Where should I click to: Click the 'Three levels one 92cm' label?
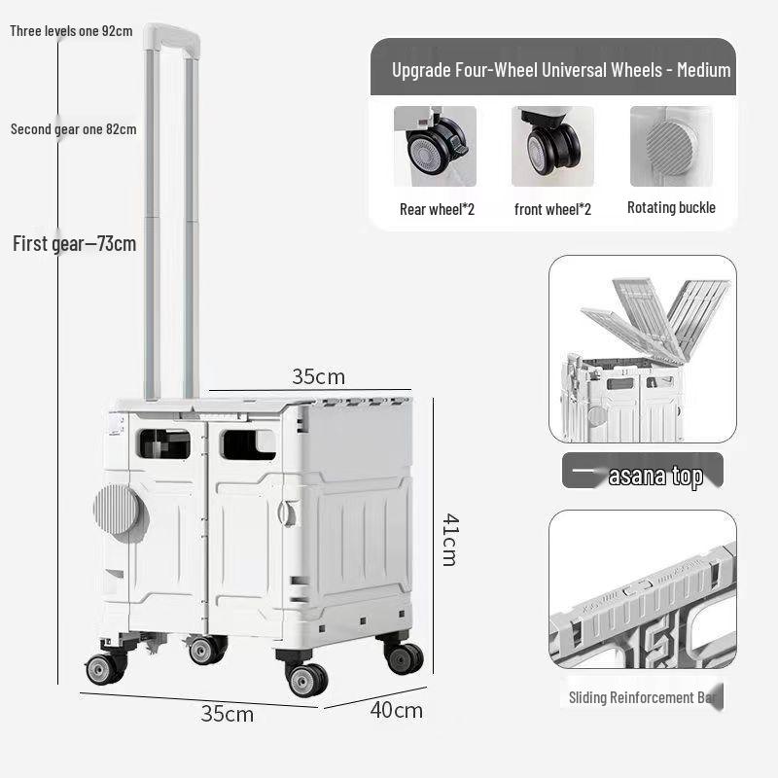(71, 30)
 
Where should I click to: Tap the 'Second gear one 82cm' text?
(73, 128)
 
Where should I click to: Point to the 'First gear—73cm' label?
(74, 243)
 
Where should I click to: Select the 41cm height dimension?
(447, 539)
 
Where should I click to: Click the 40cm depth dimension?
(396, 710)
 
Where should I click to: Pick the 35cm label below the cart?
(227, 714)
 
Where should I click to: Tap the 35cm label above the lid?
(318, 376)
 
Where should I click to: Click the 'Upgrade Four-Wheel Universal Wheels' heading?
(561, 69)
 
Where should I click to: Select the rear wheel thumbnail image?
(435, 146)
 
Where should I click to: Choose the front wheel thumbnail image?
(552, 146)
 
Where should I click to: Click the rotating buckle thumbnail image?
(670, 146)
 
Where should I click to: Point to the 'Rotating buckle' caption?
(671, 207)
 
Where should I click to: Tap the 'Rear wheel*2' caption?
(437, 209)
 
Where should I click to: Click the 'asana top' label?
(654, 477)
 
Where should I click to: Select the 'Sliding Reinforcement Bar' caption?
(645, 697)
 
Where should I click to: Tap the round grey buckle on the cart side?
(117, 510)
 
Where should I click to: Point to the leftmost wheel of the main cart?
(101, 669)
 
